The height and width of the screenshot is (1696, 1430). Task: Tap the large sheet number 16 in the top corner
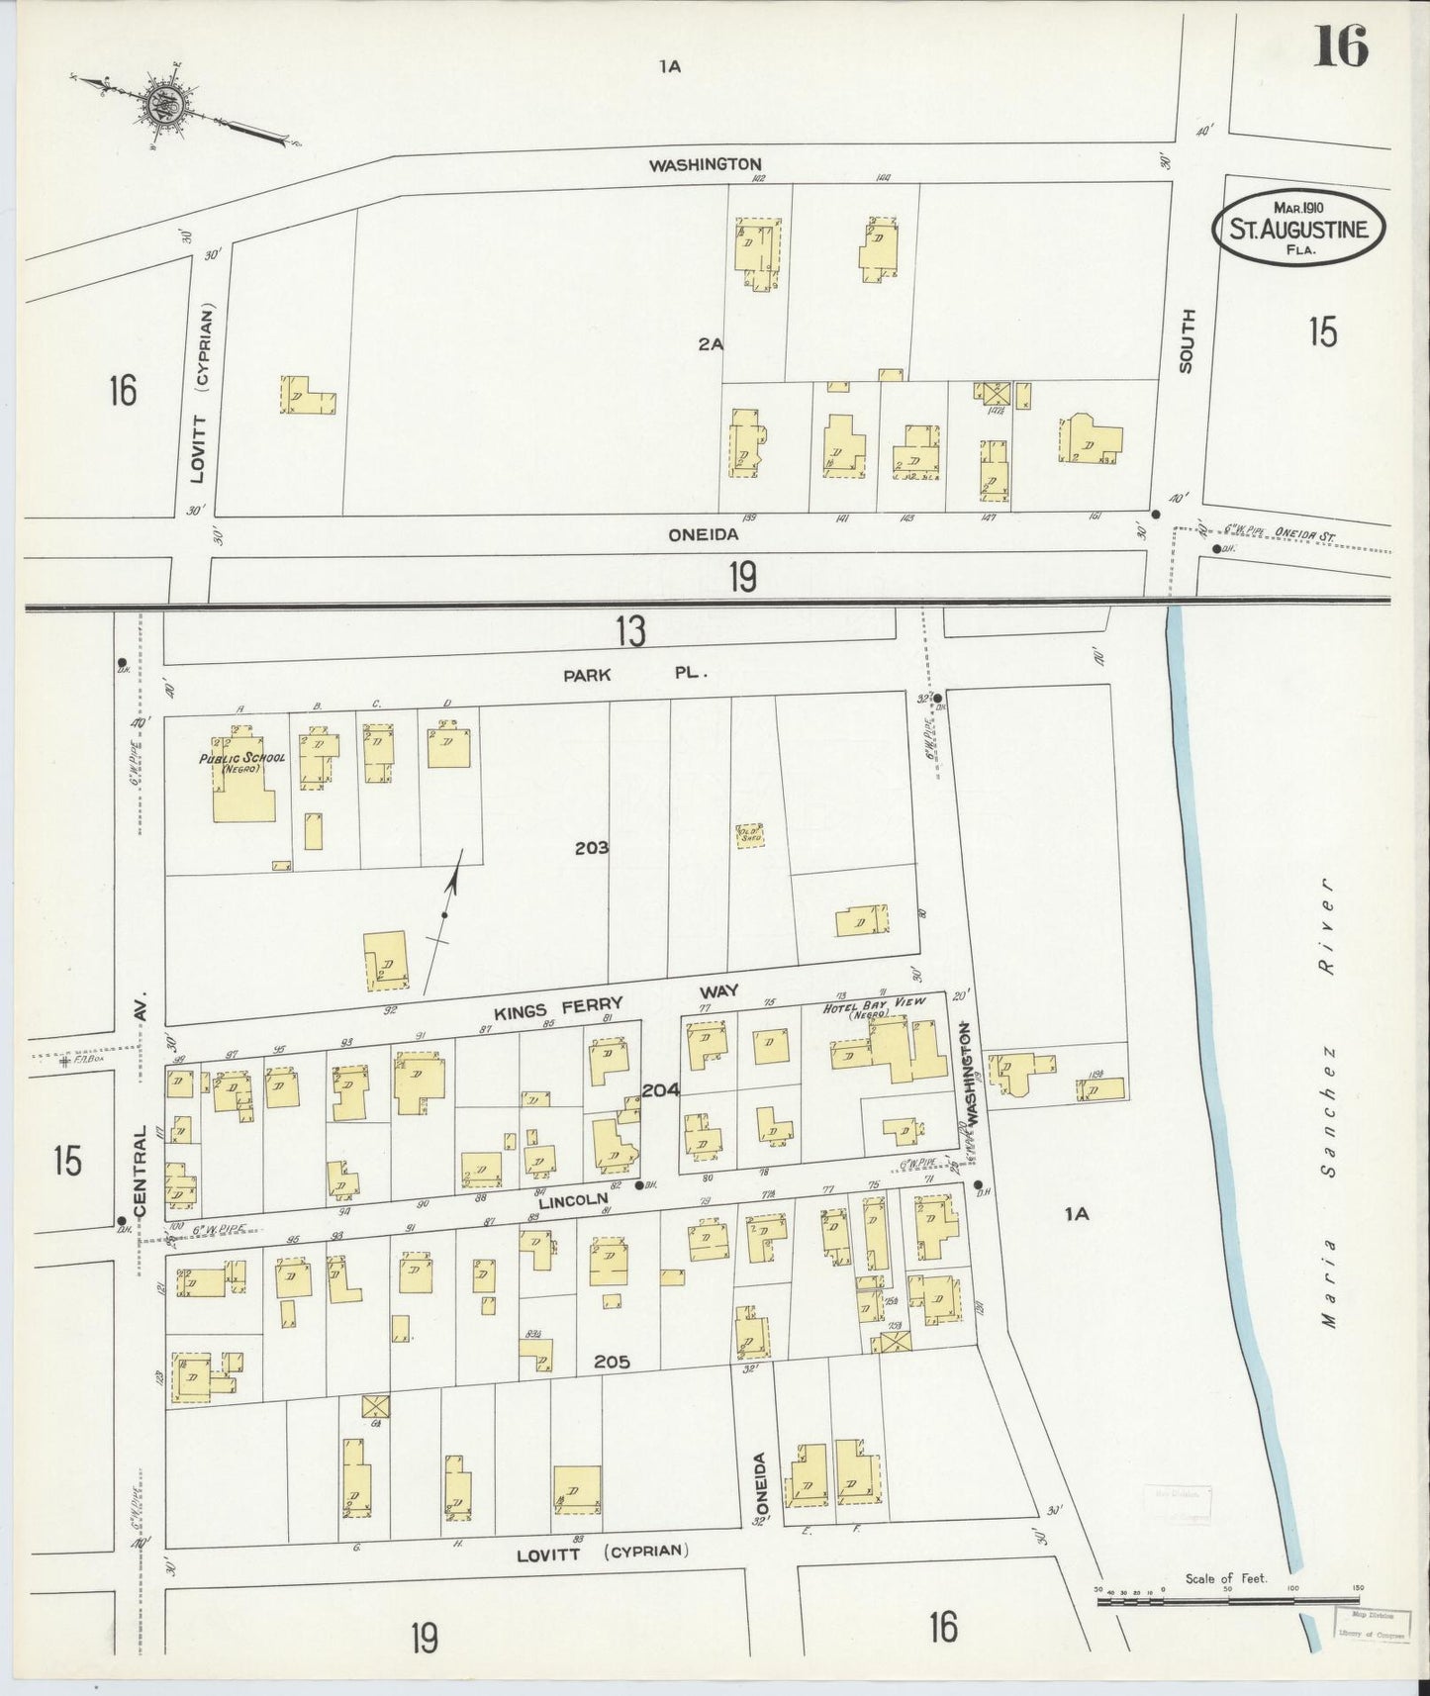pos(1340,46)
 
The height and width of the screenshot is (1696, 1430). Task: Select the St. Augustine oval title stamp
pos(1299,229)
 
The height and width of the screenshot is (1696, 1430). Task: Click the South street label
pos(1187,340)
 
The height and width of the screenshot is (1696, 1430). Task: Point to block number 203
pos(591,848)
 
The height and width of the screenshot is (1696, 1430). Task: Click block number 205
pos(613,1363)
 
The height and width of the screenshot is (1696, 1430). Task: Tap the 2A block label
pos(711,344)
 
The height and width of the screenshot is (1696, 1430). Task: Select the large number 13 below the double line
pos(630,631)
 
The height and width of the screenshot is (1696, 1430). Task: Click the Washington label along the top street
pos(705,164)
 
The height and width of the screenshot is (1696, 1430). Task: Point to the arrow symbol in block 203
pos(448,915)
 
